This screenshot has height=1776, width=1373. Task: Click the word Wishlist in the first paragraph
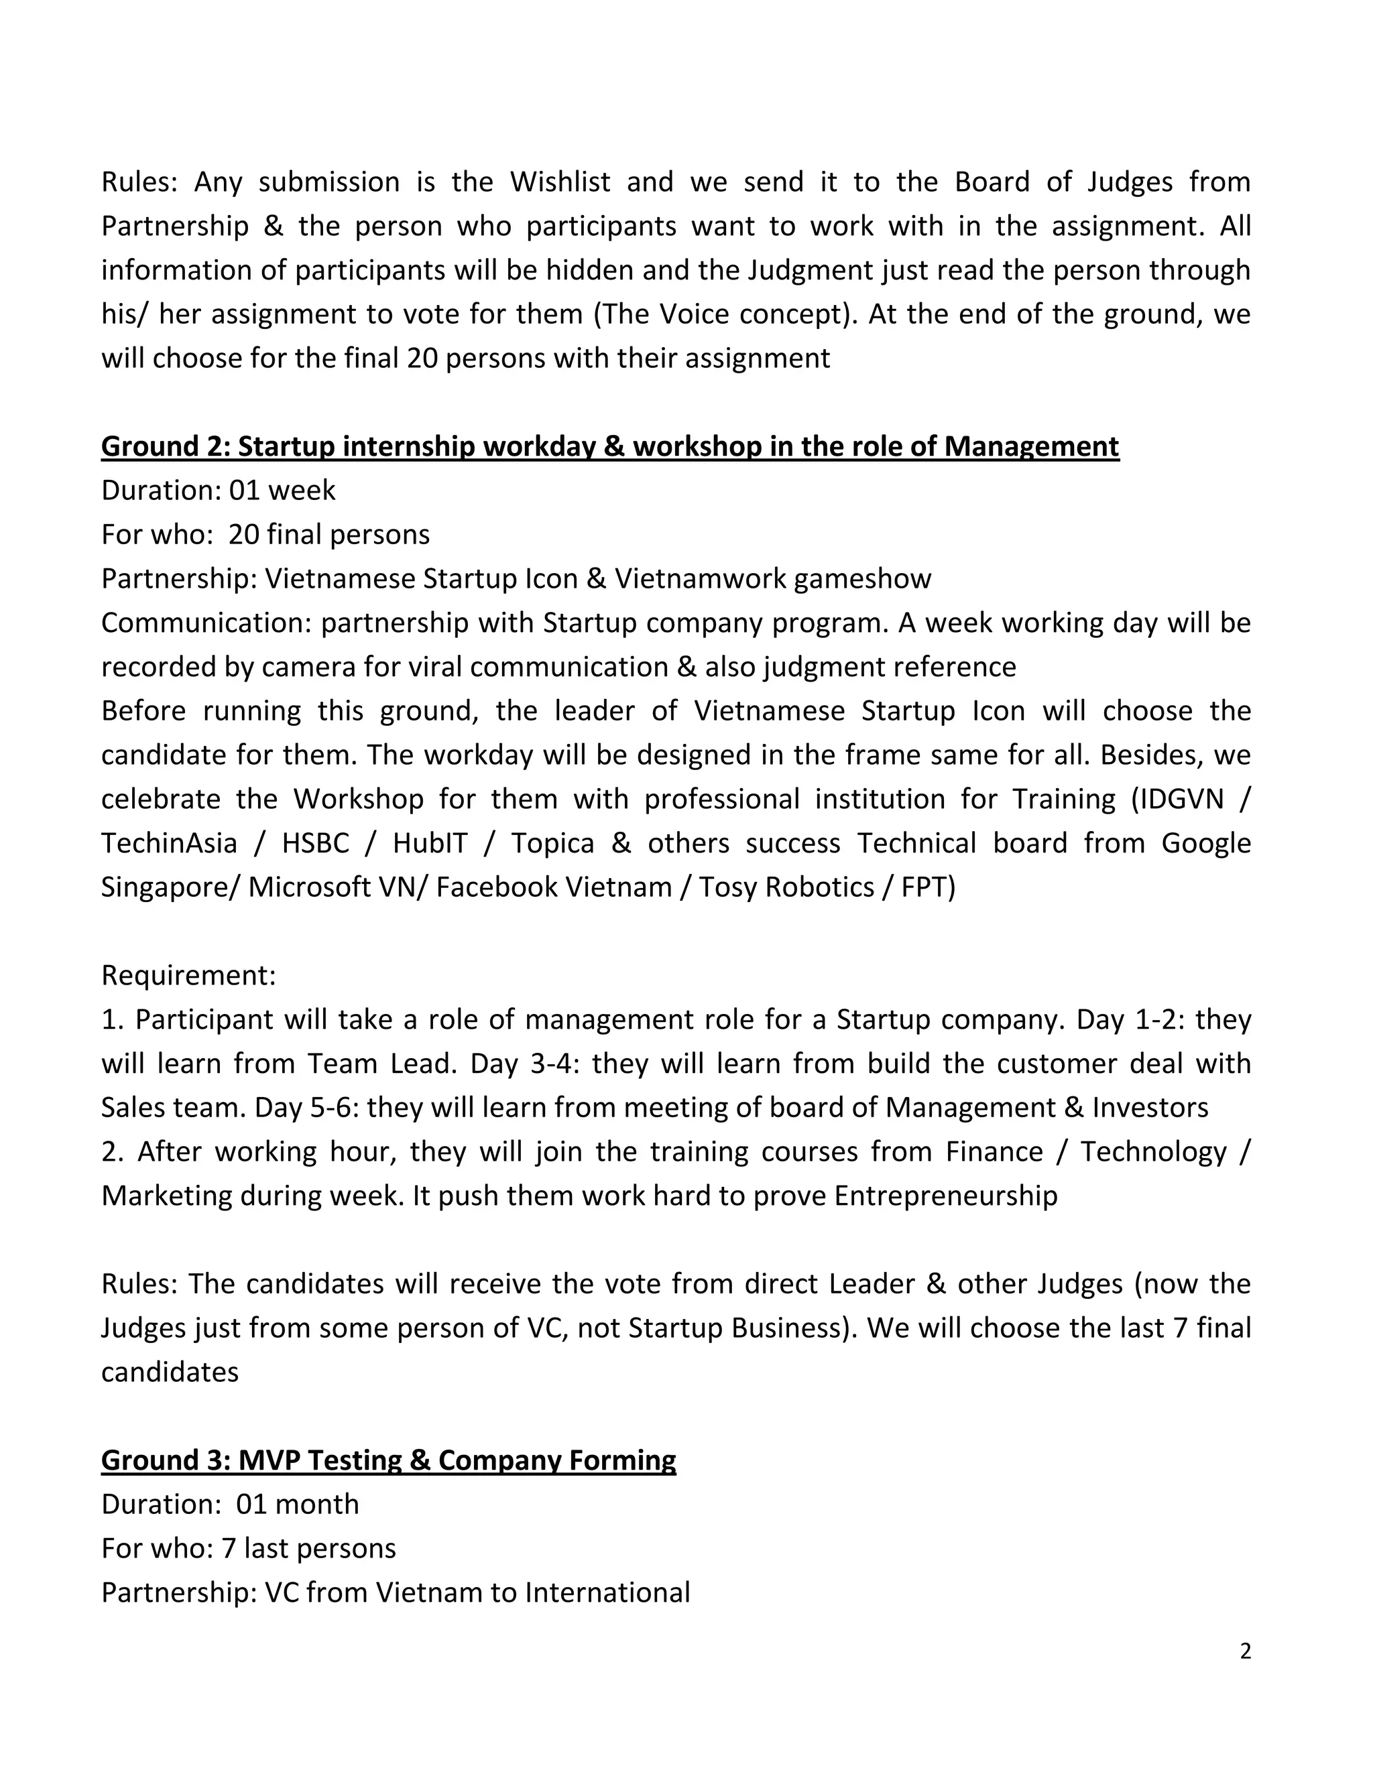click(560, 182)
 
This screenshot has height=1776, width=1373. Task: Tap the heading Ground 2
click(610, 446)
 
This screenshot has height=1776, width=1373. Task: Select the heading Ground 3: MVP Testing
click(389, 1460)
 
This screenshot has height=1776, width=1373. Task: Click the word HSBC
click(316, 842)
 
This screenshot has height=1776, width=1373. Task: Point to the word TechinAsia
click(169, 842)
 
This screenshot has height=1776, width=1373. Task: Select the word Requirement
click(188, 975)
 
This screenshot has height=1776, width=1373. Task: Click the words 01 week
click(282, 491)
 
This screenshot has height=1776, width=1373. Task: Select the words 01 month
click(297, 1504)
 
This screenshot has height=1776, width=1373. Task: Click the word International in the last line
click(607, 1592)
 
